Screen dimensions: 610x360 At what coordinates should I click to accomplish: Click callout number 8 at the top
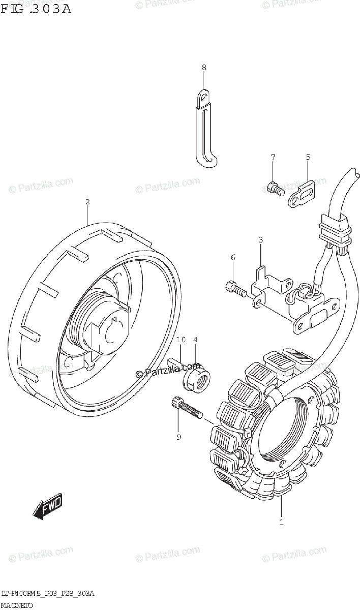point(203,68)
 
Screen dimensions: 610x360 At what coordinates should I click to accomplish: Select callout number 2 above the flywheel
point(87,202)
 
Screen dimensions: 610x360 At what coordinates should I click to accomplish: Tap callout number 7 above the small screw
point(273,157)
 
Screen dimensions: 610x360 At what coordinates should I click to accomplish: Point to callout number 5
point(308,157)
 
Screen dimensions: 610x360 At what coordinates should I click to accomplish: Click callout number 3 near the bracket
point(260,239)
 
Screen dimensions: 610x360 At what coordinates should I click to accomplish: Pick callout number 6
point(233,258)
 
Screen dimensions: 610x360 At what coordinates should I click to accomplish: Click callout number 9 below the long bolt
point(178,436)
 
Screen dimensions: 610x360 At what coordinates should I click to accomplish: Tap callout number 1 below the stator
point(281,522)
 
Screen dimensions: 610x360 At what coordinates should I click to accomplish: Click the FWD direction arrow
point(47,506)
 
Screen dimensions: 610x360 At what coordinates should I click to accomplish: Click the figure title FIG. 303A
point(36,9)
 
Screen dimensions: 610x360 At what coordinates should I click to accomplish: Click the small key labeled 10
point(175,358)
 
